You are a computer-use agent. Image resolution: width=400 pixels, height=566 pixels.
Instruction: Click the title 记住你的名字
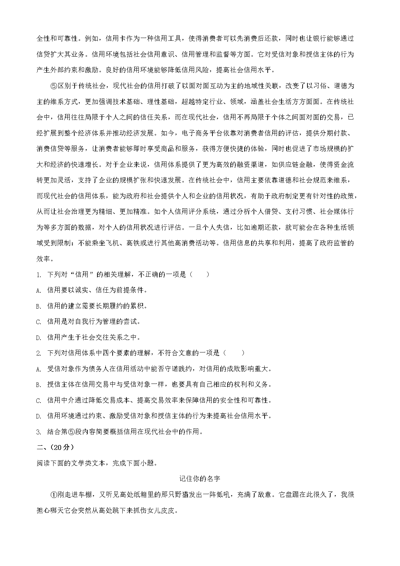click(x=200, y=479)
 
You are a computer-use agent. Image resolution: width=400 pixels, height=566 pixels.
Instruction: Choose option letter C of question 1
click(x=38, y=322)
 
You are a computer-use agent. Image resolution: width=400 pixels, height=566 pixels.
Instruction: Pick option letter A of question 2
click(x=38, y=369)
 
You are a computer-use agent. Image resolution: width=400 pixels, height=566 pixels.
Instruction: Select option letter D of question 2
click(x=38, y=416)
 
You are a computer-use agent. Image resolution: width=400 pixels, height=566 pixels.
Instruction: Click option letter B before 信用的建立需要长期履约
click(x=38, y=306)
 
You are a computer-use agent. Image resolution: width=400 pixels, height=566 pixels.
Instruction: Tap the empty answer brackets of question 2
click(x=234, y=353)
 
